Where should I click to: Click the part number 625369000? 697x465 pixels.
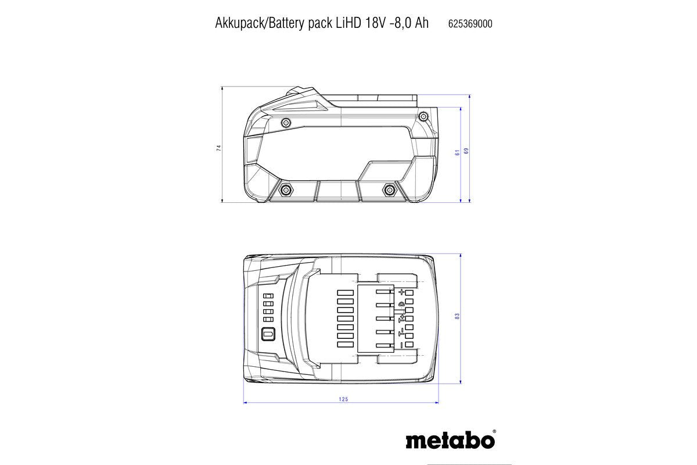coord(470,24)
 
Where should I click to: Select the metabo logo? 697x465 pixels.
coord(451,440)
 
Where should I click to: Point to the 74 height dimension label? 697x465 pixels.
coord(218,148)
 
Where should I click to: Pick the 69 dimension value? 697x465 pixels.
coord(466,151)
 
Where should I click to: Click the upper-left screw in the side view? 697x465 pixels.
coord(286,122)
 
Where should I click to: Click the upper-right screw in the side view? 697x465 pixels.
coord(425,121)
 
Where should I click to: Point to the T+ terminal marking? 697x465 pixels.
coord(400,319)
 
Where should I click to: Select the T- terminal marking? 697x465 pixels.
coord(400,332)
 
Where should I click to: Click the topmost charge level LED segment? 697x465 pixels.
coord(268,296)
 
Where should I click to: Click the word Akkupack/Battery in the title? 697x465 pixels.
coord(253,23)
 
